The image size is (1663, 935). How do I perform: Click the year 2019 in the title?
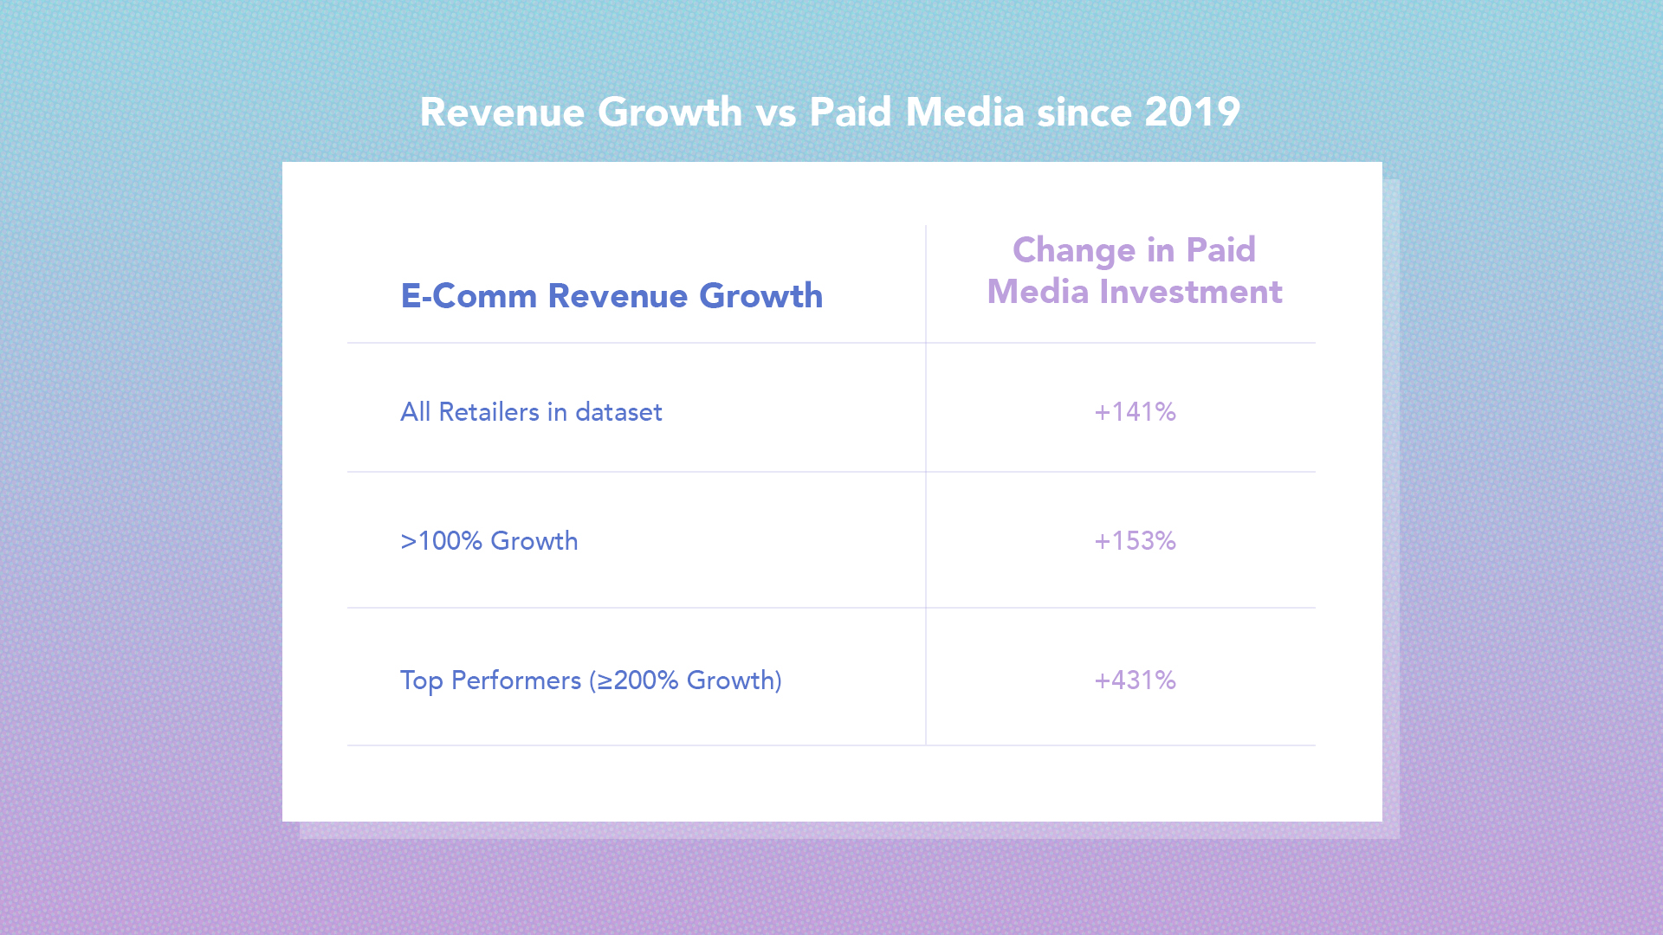tap(1192, 113)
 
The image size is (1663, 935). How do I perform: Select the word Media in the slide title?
tap(965, 113)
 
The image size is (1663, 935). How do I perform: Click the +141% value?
tap(1135, 412)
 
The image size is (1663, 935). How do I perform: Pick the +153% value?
tap(1135, 541)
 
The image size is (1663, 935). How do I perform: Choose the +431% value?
tap(1135, 680)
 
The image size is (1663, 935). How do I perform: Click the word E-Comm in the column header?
tap(469, 296)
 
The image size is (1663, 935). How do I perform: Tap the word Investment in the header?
tap(1190, 292)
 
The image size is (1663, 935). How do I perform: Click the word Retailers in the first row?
tap(489, 412)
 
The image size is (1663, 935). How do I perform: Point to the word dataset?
tap(618, 412)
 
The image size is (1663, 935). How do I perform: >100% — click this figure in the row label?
tap(441, 541)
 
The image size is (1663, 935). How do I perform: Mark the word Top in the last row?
tap(421, 681)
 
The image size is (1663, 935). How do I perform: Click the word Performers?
tap(516, 681)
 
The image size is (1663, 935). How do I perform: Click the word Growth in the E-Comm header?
tap(760, 296)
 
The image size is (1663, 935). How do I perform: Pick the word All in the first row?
tap(415, 412)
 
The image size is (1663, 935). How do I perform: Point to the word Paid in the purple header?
tap(1220, 250)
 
